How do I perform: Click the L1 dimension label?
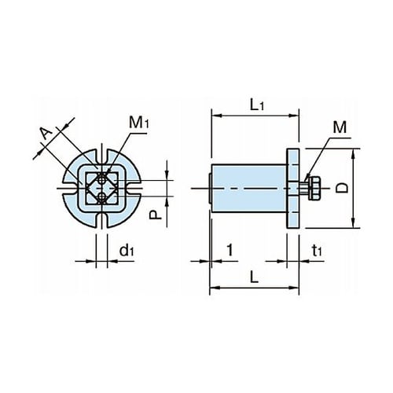257,105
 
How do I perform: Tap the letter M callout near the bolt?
340,127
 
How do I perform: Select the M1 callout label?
138,123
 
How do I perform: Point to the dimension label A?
46,134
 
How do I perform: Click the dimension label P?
155,215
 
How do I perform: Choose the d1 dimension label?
127,251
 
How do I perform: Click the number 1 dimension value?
230,250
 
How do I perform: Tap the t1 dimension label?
317,251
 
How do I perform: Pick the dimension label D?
342,188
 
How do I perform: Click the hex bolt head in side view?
314,189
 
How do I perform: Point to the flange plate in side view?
293,189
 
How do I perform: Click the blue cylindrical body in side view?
249,187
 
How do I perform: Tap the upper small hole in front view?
101,179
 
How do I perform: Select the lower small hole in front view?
101,196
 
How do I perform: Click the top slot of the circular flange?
102,156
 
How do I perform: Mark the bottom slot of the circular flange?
102,220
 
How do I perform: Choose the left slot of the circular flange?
70,188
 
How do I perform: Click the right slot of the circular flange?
134,188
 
